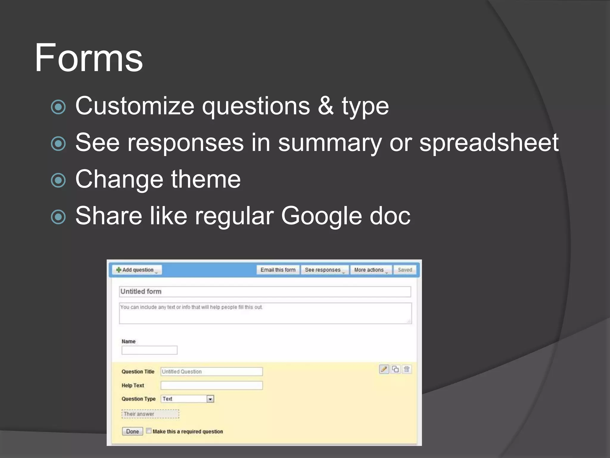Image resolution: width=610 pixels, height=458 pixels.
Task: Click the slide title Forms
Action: click(89, 58)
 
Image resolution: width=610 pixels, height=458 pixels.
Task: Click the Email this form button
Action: click(278, 270)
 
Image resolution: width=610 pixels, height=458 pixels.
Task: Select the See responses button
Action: click(324, 270)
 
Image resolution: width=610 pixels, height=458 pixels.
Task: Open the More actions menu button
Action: click(371, 270)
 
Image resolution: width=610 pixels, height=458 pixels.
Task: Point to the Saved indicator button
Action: click(405, 270)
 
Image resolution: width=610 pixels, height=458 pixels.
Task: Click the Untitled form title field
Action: click(265, 292)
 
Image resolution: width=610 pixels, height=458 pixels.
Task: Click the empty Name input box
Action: click(150, 350)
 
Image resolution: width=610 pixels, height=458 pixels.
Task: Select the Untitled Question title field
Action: click(211, 372)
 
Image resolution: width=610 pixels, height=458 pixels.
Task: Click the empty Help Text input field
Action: click(211, 386)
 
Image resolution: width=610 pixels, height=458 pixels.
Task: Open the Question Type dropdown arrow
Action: click(210, 399)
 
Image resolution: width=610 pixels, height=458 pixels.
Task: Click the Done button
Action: click(132, 431)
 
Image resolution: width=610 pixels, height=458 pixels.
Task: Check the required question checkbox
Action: click(149, 431)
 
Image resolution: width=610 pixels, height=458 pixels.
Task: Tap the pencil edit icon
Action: click(384, 369)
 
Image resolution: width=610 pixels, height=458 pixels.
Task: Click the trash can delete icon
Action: click(407, 369)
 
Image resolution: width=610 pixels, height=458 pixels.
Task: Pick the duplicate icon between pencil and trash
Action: click(395, 369)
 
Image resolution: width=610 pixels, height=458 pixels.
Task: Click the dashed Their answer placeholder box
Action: click(150, 414)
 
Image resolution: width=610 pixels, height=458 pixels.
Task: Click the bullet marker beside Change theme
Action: click(58, 180)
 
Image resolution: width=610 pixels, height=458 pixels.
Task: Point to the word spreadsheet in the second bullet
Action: click(489, 143)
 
